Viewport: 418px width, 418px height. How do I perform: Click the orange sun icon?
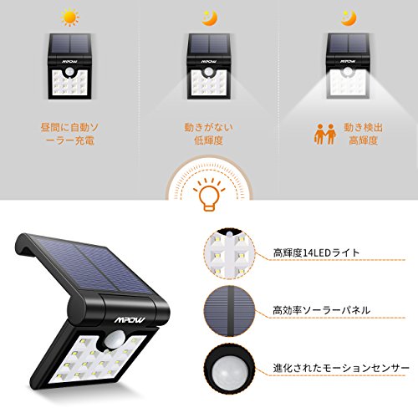click(70, 18)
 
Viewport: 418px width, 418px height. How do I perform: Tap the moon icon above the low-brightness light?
click(209, 18)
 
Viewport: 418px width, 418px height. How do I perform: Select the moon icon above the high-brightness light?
click(349, 18)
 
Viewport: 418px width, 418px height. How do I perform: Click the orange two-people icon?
click(325, 134)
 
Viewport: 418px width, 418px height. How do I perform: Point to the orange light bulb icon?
click(209, 195)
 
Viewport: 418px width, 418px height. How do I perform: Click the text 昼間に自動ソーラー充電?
click(69, 134)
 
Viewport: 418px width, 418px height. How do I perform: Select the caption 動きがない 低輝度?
click(209, 134)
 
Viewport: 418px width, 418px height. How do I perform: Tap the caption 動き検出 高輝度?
click(363, 134)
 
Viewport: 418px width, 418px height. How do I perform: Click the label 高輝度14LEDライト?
click(316, 252)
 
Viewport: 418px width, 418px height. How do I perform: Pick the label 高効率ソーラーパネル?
click(321, 310)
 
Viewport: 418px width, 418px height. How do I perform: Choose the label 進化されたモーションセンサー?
click(341, 368)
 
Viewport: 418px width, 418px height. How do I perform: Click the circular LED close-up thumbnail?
click(230, 253)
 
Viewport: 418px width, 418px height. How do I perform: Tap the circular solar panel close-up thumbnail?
click(230, 311)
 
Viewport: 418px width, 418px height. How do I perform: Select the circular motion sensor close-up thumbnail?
click(230, 369)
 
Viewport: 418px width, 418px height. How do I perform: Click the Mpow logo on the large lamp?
click(130, 320)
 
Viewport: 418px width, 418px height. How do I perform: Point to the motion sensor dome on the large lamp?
click(115, 339)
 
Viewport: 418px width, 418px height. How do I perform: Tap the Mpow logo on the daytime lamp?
click(70, 62)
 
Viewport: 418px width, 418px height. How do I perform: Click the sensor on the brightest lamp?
click(348, 71)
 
